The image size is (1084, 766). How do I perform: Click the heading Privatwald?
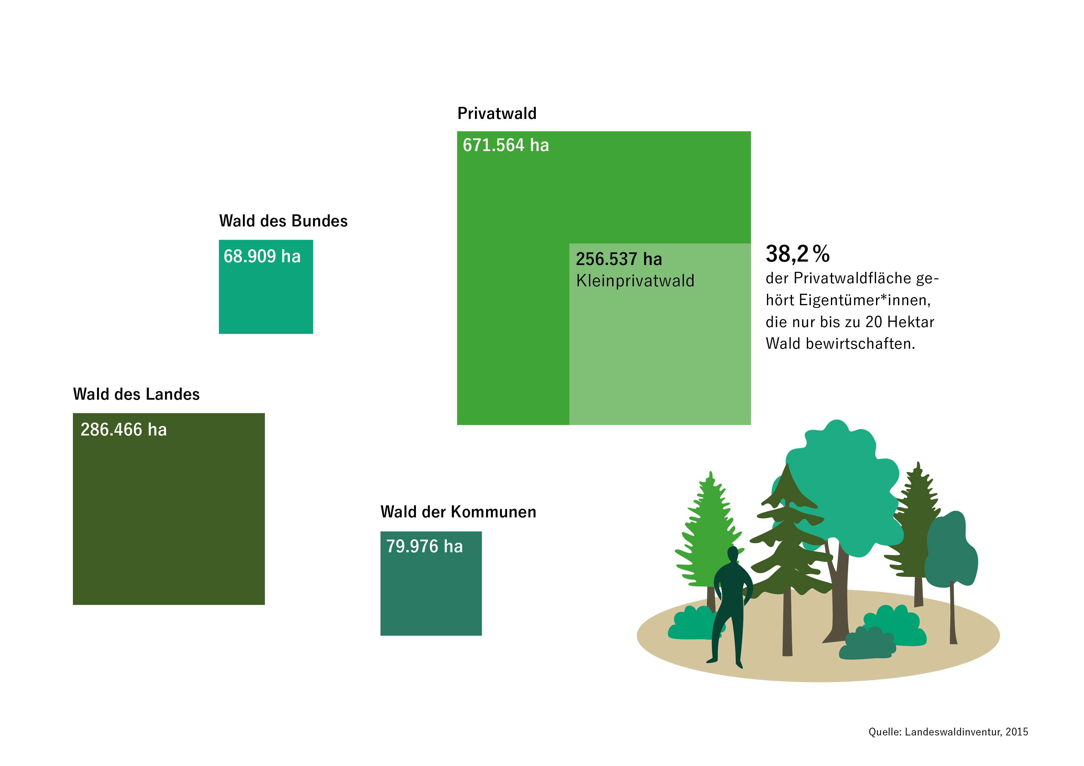(x=497, y=113)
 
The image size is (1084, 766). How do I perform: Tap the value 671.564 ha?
(x=506, y=145)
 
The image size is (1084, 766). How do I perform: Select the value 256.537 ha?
(x=619, y=259)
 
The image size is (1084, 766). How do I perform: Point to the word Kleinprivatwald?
(x=635, y=281)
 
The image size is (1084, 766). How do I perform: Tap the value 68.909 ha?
(x=262, y=256)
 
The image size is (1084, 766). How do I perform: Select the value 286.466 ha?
(x=124, y=430)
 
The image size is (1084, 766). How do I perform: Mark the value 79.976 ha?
(x=425, y=546)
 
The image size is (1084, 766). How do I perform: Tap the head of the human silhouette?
(x=733, y=553)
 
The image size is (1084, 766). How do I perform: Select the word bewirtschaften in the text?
(x=860, y=343)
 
